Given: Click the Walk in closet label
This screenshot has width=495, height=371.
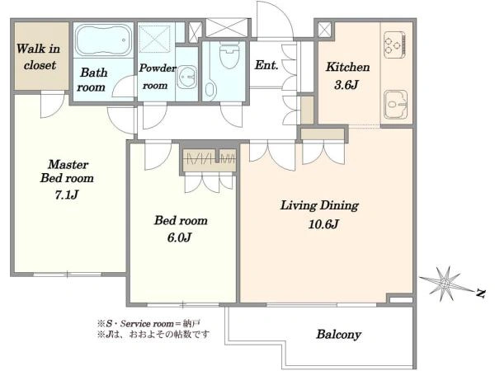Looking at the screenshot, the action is tap(39, 57).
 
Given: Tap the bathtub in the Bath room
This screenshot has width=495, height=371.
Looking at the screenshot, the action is tap(104, 40).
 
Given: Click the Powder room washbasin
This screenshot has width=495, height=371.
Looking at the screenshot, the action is tap(187, 77).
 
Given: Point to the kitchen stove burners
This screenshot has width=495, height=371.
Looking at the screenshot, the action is tap(394, 45).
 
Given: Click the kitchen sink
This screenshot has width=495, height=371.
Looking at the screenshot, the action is tap(395, 105).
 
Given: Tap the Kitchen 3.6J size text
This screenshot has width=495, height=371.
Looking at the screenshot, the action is tap(346, 85).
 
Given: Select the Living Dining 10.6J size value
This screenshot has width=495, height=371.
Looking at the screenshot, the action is tap(323, 224).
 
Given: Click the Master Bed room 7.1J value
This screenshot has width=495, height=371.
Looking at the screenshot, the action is tap(66, 195).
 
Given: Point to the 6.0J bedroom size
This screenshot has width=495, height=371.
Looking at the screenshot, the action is tap(179, 237).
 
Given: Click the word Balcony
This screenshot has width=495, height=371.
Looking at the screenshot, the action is tap(339, 335).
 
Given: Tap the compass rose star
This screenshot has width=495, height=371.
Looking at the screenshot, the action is tap(445, 283).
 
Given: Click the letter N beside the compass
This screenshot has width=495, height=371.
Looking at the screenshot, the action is tap(480, 294).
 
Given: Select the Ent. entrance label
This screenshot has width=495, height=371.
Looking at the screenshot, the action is tap(266, 65).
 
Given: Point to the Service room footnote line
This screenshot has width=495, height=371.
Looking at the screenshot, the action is tap(149, 324).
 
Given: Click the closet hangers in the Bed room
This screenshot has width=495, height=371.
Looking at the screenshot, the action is tap(210, 157).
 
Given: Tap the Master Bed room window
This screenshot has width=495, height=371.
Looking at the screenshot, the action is tap(68, 275).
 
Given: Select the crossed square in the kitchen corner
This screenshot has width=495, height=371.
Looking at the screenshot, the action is tap(324, 30).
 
